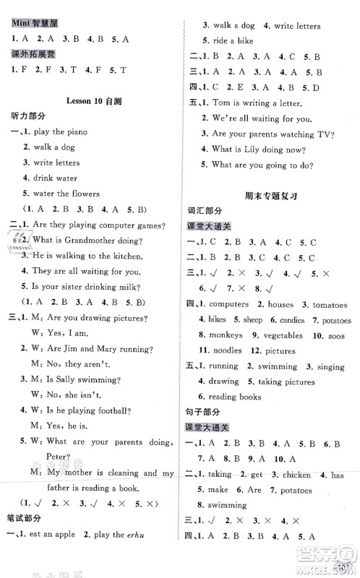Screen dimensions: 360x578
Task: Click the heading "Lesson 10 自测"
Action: tap(89, 102)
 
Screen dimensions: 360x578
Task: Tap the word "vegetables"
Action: tap(285, 335)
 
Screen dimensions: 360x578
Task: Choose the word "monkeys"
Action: tap(223, 335)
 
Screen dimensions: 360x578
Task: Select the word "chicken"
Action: tap(299, 475)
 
